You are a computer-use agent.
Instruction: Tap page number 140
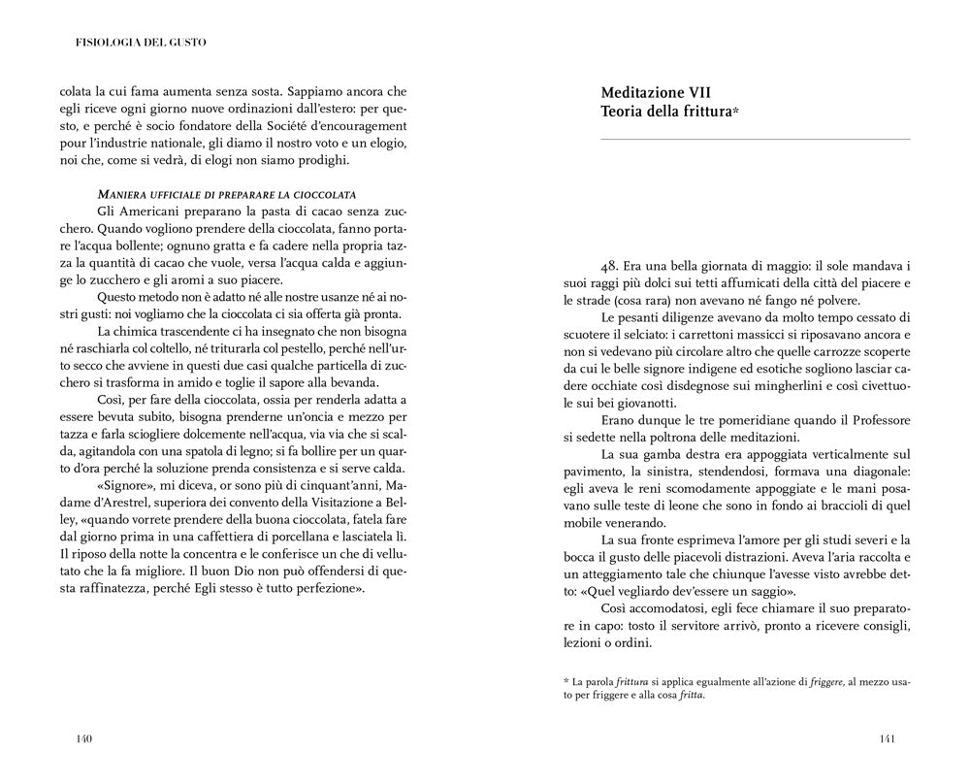point(83,739)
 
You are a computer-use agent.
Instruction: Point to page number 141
point(887,739)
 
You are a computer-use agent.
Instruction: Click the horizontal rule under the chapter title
point(756,140)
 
